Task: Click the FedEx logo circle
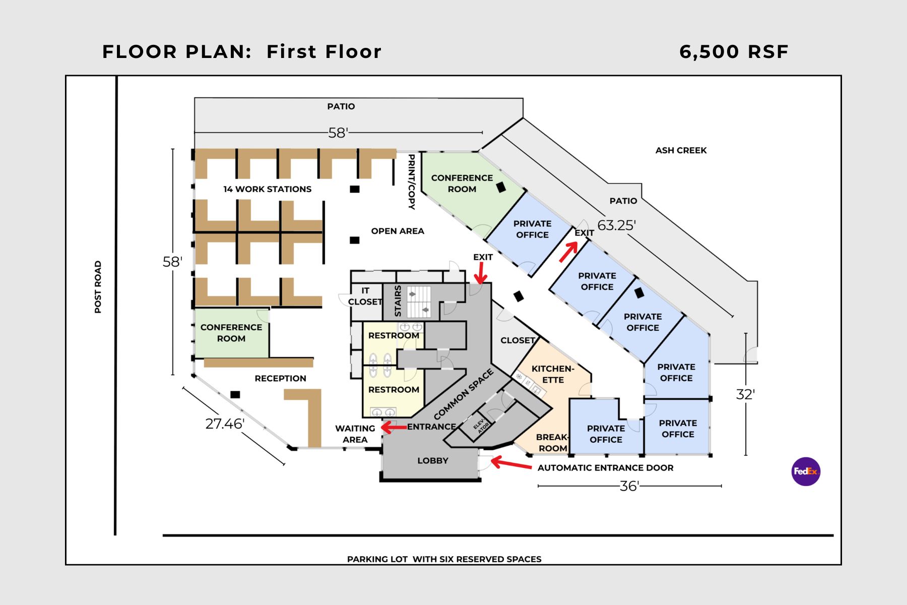(x=806, y=471)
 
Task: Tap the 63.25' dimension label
(x=616, y=225)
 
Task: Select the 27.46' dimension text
(x=225, y=423)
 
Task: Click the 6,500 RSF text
(x=734, y=51)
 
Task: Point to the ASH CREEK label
(x=681, y=150)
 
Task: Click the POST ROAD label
(x=98, y=287)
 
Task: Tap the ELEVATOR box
(x=480, y=426)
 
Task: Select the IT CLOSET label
(x=365, y=296)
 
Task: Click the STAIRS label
(x=398, y=301)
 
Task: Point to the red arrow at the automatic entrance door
(x=510, y=463)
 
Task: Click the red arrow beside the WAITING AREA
(x=394, y=428)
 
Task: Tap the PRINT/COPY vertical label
(x=411, y=182)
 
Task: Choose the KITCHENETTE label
(x=553, y=374)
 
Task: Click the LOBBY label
(x=432, y=460)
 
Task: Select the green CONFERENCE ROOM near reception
(x=231, y=333)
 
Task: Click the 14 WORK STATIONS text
(x=267, y=189)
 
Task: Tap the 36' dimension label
(x=629, y=486)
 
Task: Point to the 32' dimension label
(x=745, y=394)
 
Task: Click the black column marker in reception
(x=235, y=394)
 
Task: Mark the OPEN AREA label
(x=398, y=231)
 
